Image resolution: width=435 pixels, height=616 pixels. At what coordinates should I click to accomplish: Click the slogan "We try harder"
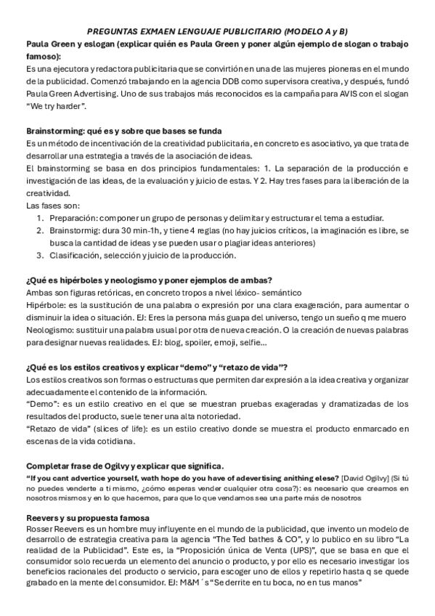pyautogui.click(x=57, y=105)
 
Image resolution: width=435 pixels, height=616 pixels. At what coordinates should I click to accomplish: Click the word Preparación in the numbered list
pyautogui.click(x=73, y=218)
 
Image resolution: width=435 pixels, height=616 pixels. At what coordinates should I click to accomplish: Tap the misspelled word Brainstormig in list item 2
pyautogui.click(x=76, y=230)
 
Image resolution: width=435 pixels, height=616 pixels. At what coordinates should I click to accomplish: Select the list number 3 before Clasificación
pyautogui.click(x=40, y=255)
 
